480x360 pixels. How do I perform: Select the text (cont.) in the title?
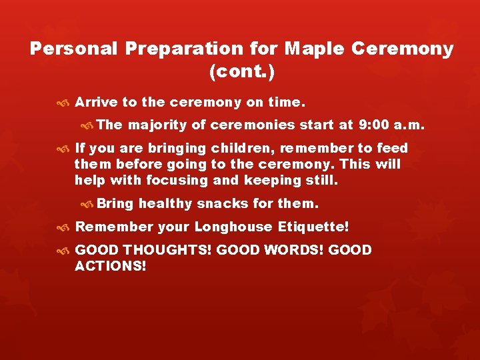242,71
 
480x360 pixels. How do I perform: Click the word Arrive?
96,103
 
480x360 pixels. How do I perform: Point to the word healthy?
165,203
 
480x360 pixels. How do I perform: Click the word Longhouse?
233,227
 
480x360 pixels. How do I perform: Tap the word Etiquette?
313,227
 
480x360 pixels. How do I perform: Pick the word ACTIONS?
110,266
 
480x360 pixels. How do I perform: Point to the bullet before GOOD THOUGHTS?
63,251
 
